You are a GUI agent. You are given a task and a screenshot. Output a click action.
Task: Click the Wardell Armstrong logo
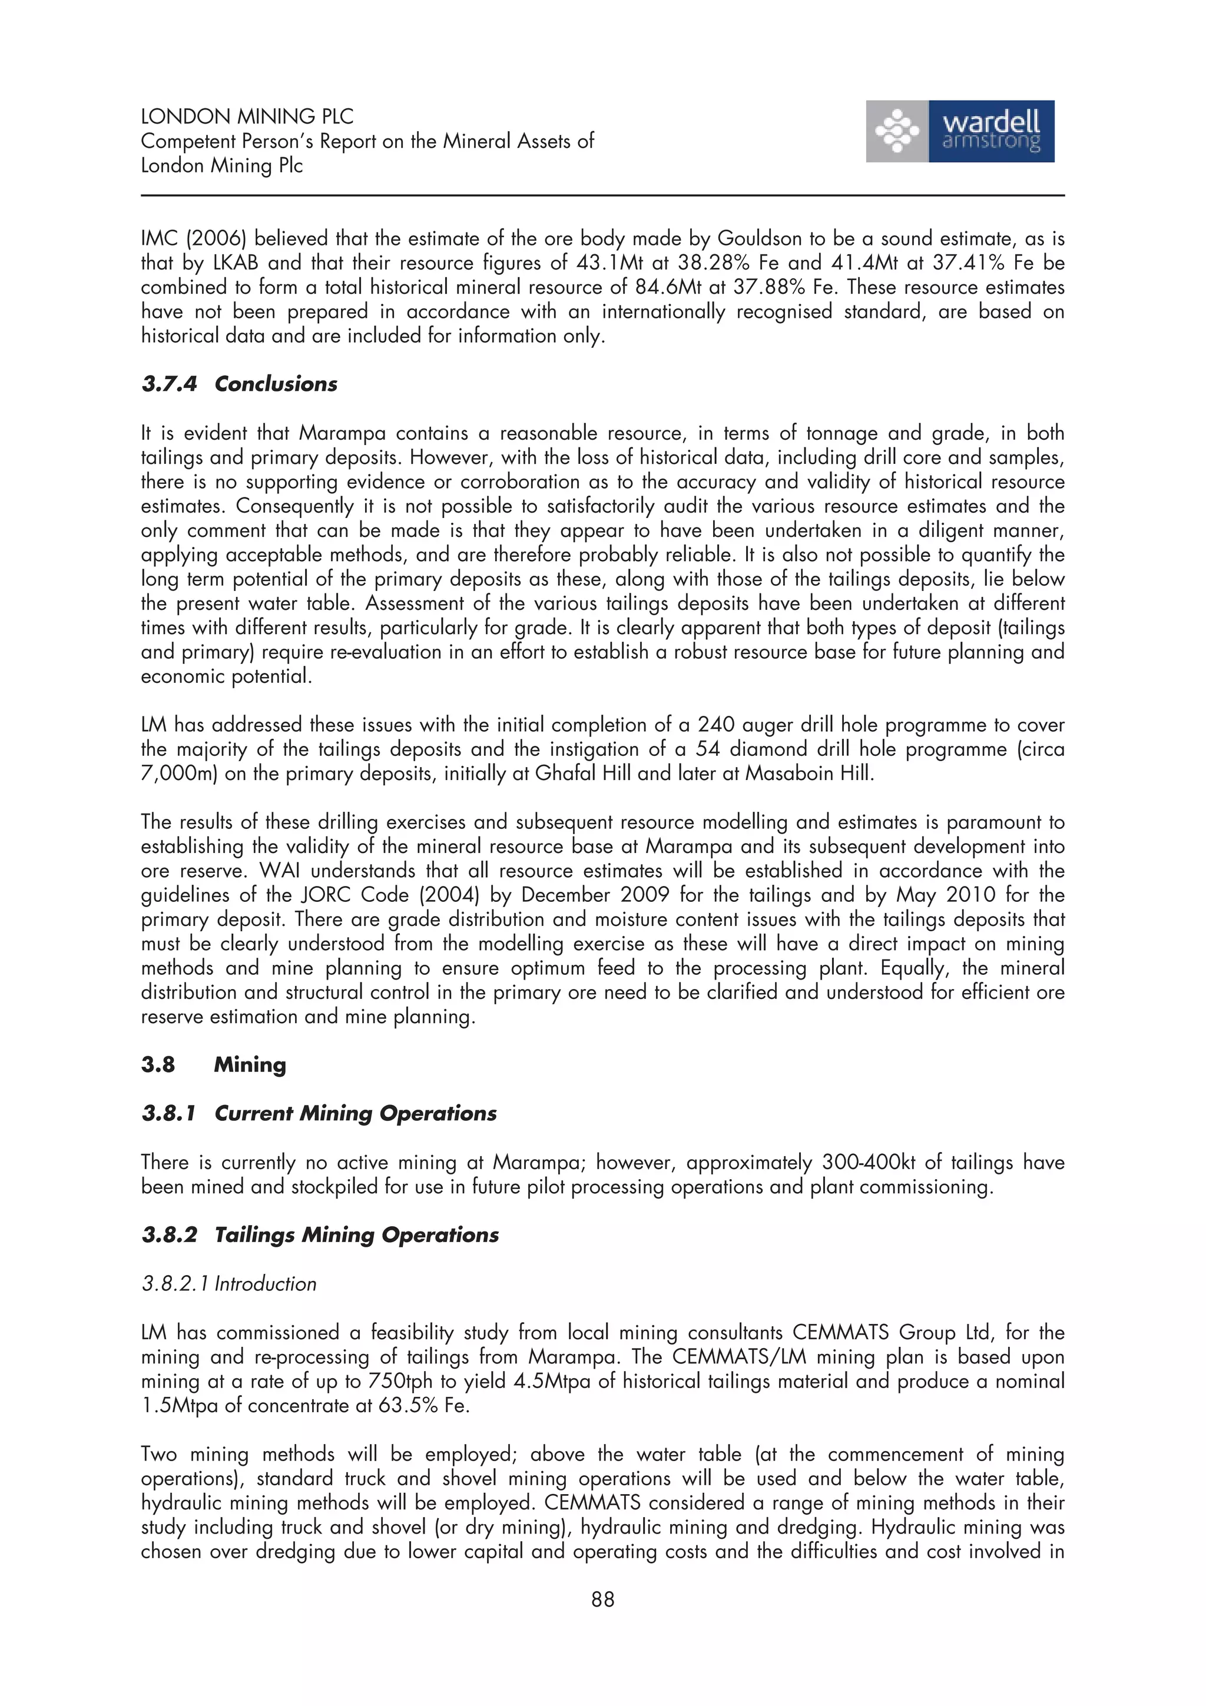(x=959, y=131)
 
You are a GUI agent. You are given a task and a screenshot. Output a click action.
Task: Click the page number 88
(x=602, y=1599)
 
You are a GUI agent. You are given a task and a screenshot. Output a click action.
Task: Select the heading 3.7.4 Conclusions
(x=238, y=384)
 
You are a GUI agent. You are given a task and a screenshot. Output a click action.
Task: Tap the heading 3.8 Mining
(x=213, y=1065)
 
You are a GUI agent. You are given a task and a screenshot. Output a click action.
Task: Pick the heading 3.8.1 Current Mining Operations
(x=319, y=1113)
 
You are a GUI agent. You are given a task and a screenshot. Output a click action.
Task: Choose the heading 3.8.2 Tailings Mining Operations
(x=320, y=1235)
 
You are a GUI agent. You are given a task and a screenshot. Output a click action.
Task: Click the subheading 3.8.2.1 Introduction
(x=229, y=1284)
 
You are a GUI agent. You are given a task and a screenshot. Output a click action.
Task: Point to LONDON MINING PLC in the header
(x=247, y=117)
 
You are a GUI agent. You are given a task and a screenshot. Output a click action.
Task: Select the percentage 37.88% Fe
(x=785, y=287)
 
